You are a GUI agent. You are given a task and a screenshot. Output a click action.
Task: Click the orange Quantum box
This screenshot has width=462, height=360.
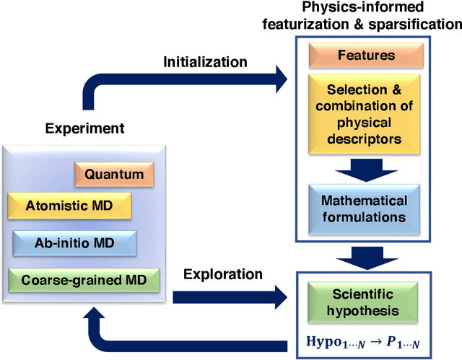coord(114,174)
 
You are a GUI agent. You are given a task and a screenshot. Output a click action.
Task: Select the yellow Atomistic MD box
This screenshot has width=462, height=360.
coord(69,206)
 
